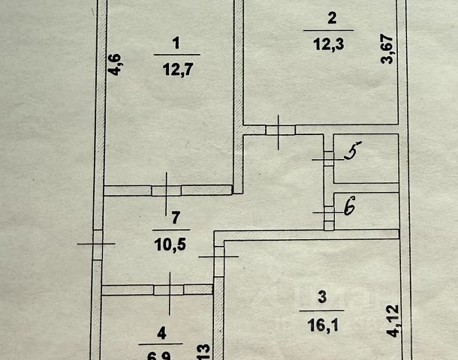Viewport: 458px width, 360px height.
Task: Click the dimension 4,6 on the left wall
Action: (x=114, y=65)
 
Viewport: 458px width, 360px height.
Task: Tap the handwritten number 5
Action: (x=350, y=154)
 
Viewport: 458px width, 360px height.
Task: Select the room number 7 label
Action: (x=174, y=218)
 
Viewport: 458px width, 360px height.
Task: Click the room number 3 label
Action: (x=322, y=299)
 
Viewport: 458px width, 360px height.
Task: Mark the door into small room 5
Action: (x=328, y=157)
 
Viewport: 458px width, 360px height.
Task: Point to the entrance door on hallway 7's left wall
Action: (x=97, y=242)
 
